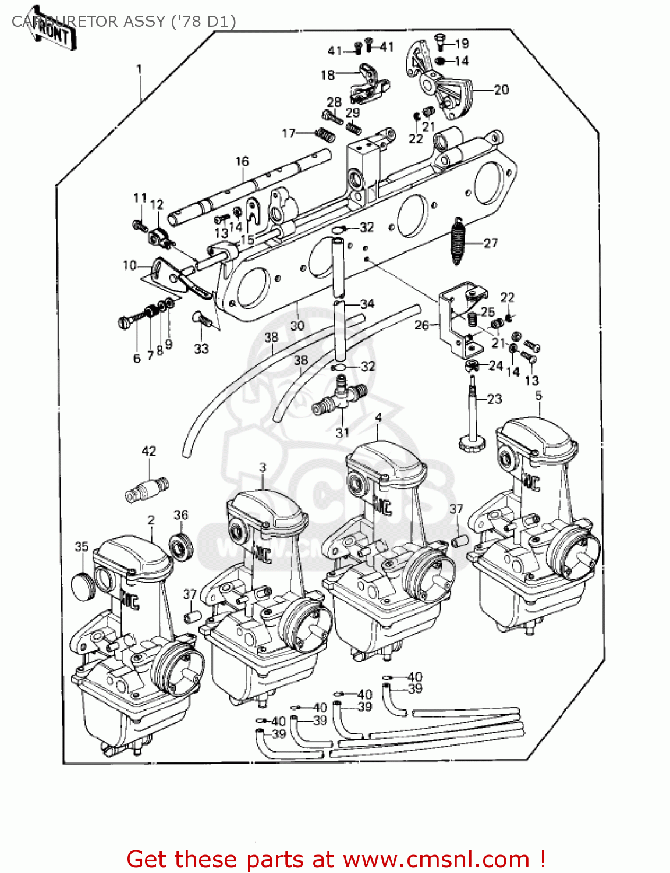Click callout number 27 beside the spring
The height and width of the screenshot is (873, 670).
pyautogui.click(x=490, y=243)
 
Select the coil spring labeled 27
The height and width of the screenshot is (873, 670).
pyautogui.click(x=460, y=240)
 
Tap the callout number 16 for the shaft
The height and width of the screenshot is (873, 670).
pyautogui.click(x=242, y=161)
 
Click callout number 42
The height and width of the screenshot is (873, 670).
pyautogui.click(x=149, y=451)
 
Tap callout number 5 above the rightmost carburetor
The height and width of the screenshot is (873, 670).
pyautogui.click(x=538, y=396)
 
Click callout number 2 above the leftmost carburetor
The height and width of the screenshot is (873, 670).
pyautogui.click(x=151, y=520)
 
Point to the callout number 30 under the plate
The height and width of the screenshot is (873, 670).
pyautogui.click(x=297, y=325)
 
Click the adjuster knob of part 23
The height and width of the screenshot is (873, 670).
pyautogui.click(x=472, y=445)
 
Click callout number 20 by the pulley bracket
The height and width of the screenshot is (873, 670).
pyautogui.click(x=501, y=90)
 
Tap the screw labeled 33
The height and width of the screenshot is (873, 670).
pyautogui.click(x=201, y=320)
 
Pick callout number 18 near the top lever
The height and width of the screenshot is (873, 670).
pyautogui.click(x=328, y=75)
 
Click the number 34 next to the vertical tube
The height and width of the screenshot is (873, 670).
pyautogui.click(x=367, y=304)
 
